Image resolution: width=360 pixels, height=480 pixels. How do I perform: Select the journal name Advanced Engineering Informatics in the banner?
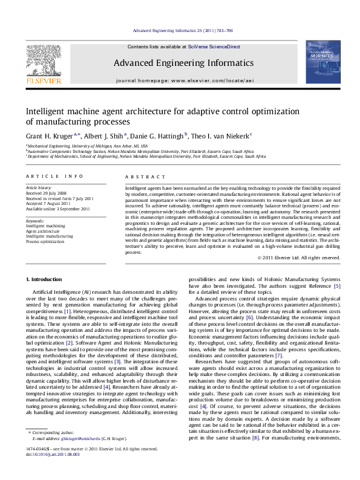tap(179, 62)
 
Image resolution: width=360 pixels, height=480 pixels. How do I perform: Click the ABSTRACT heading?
tap(142, 176)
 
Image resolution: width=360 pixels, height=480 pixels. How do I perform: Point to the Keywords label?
tap(35, 213)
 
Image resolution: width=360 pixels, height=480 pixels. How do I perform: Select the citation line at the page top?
tap(180, 30)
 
